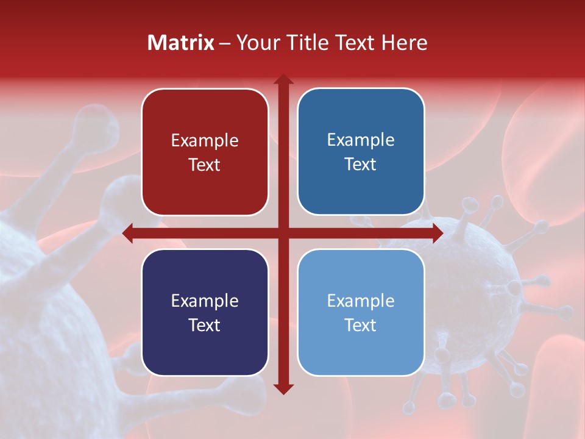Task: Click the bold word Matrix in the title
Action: coord(181,43)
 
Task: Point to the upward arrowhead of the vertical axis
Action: coord(283,80)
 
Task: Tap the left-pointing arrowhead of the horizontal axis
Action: coord(129,233)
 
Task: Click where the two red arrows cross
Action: coord(283,233)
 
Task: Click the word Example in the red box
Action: coord(205,141)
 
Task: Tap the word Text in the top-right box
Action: coord(361,165)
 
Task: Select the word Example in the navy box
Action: coord(205,301)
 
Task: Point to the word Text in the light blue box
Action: coord(361,325)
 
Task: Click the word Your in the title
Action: coord(258,43)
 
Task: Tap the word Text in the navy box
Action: coord(205,325)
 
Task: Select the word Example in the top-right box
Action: coord(361,140)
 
